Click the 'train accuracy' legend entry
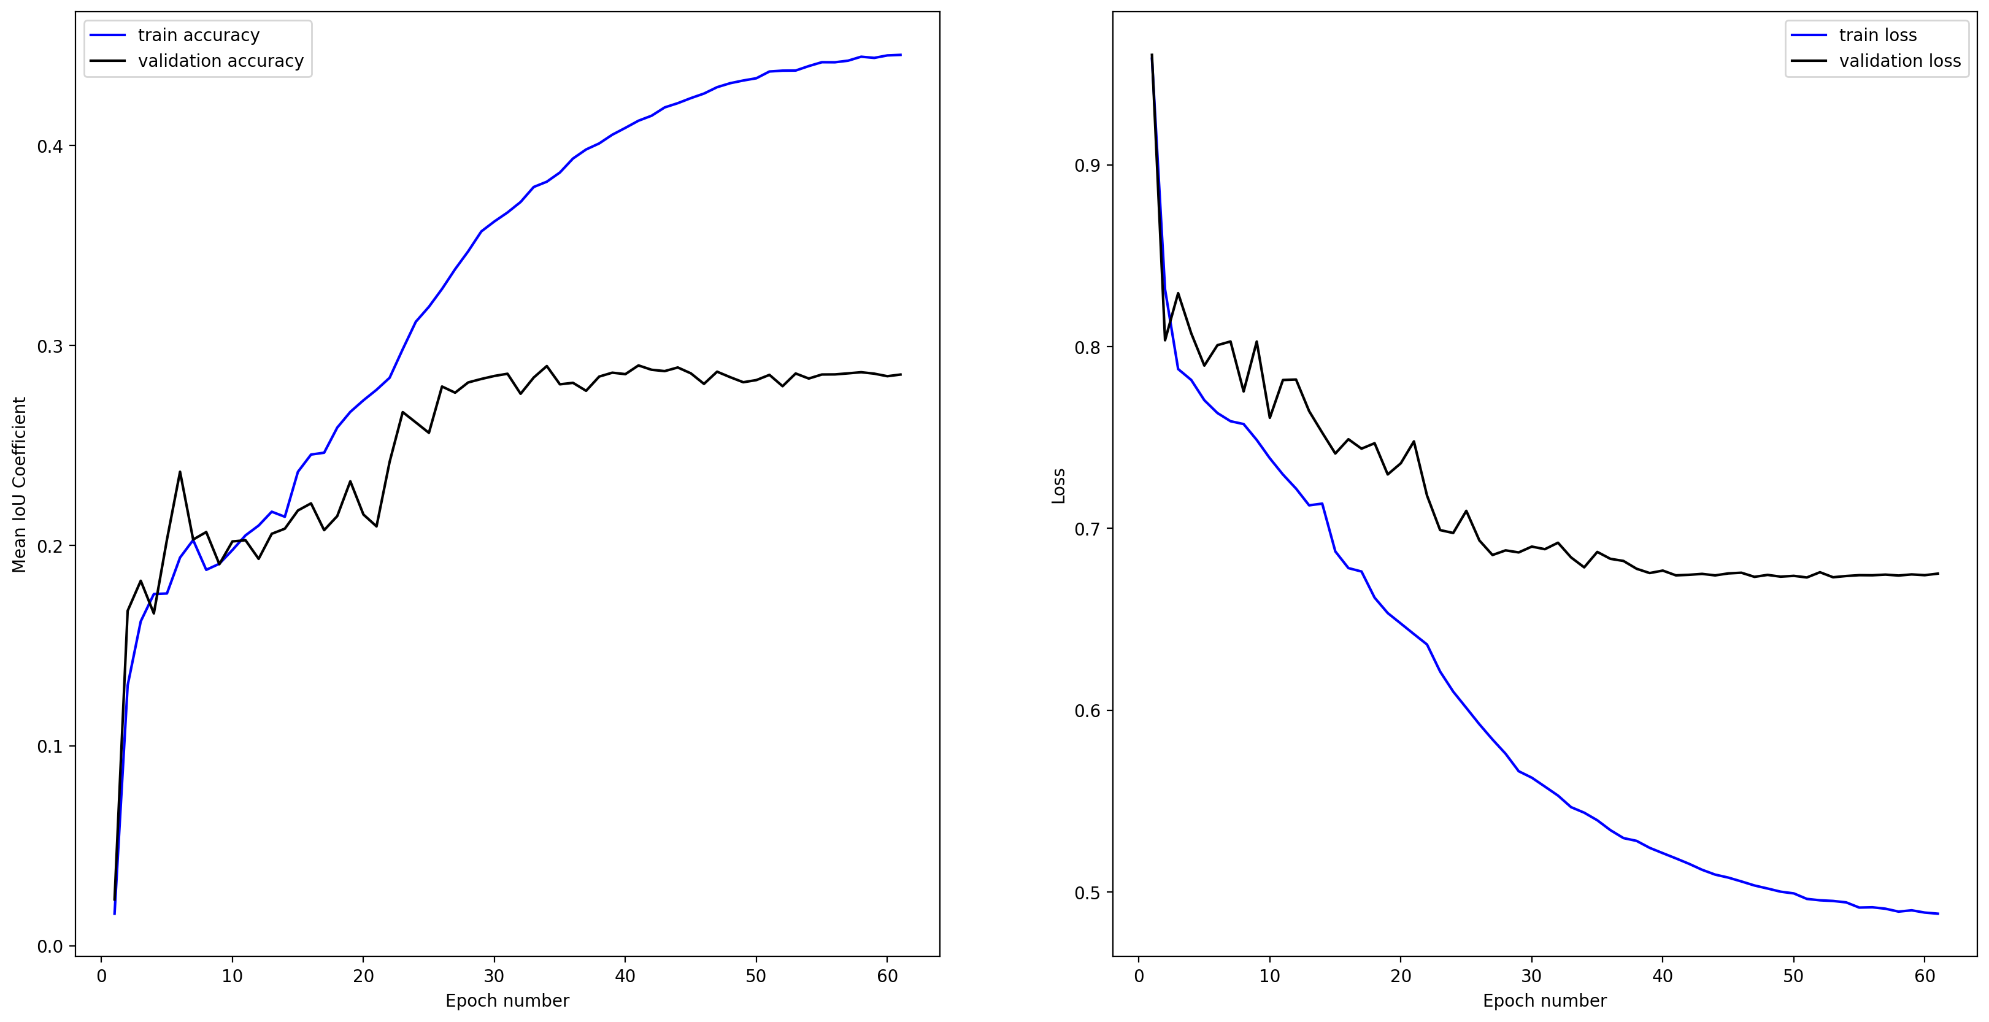198,36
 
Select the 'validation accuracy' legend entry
220,61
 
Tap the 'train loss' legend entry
1877,36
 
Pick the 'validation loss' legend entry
1899,61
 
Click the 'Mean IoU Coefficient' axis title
19,485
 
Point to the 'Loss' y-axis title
1058,486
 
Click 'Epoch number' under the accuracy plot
507,1001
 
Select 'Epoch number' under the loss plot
1544,1001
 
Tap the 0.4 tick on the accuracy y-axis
50,147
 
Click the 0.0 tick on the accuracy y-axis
50,947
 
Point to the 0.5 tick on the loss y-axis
1087,893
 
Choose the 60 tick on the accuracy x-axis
887,976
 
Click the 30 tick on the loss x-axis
1531,976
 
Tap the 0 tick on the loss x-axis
1139,976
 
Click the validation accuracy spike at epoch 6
180,472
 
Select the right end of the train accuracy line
900,55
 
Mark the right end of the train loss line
1938,914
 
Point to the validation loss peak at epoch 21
1414,442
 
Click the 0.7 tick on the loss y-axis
1087,529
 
